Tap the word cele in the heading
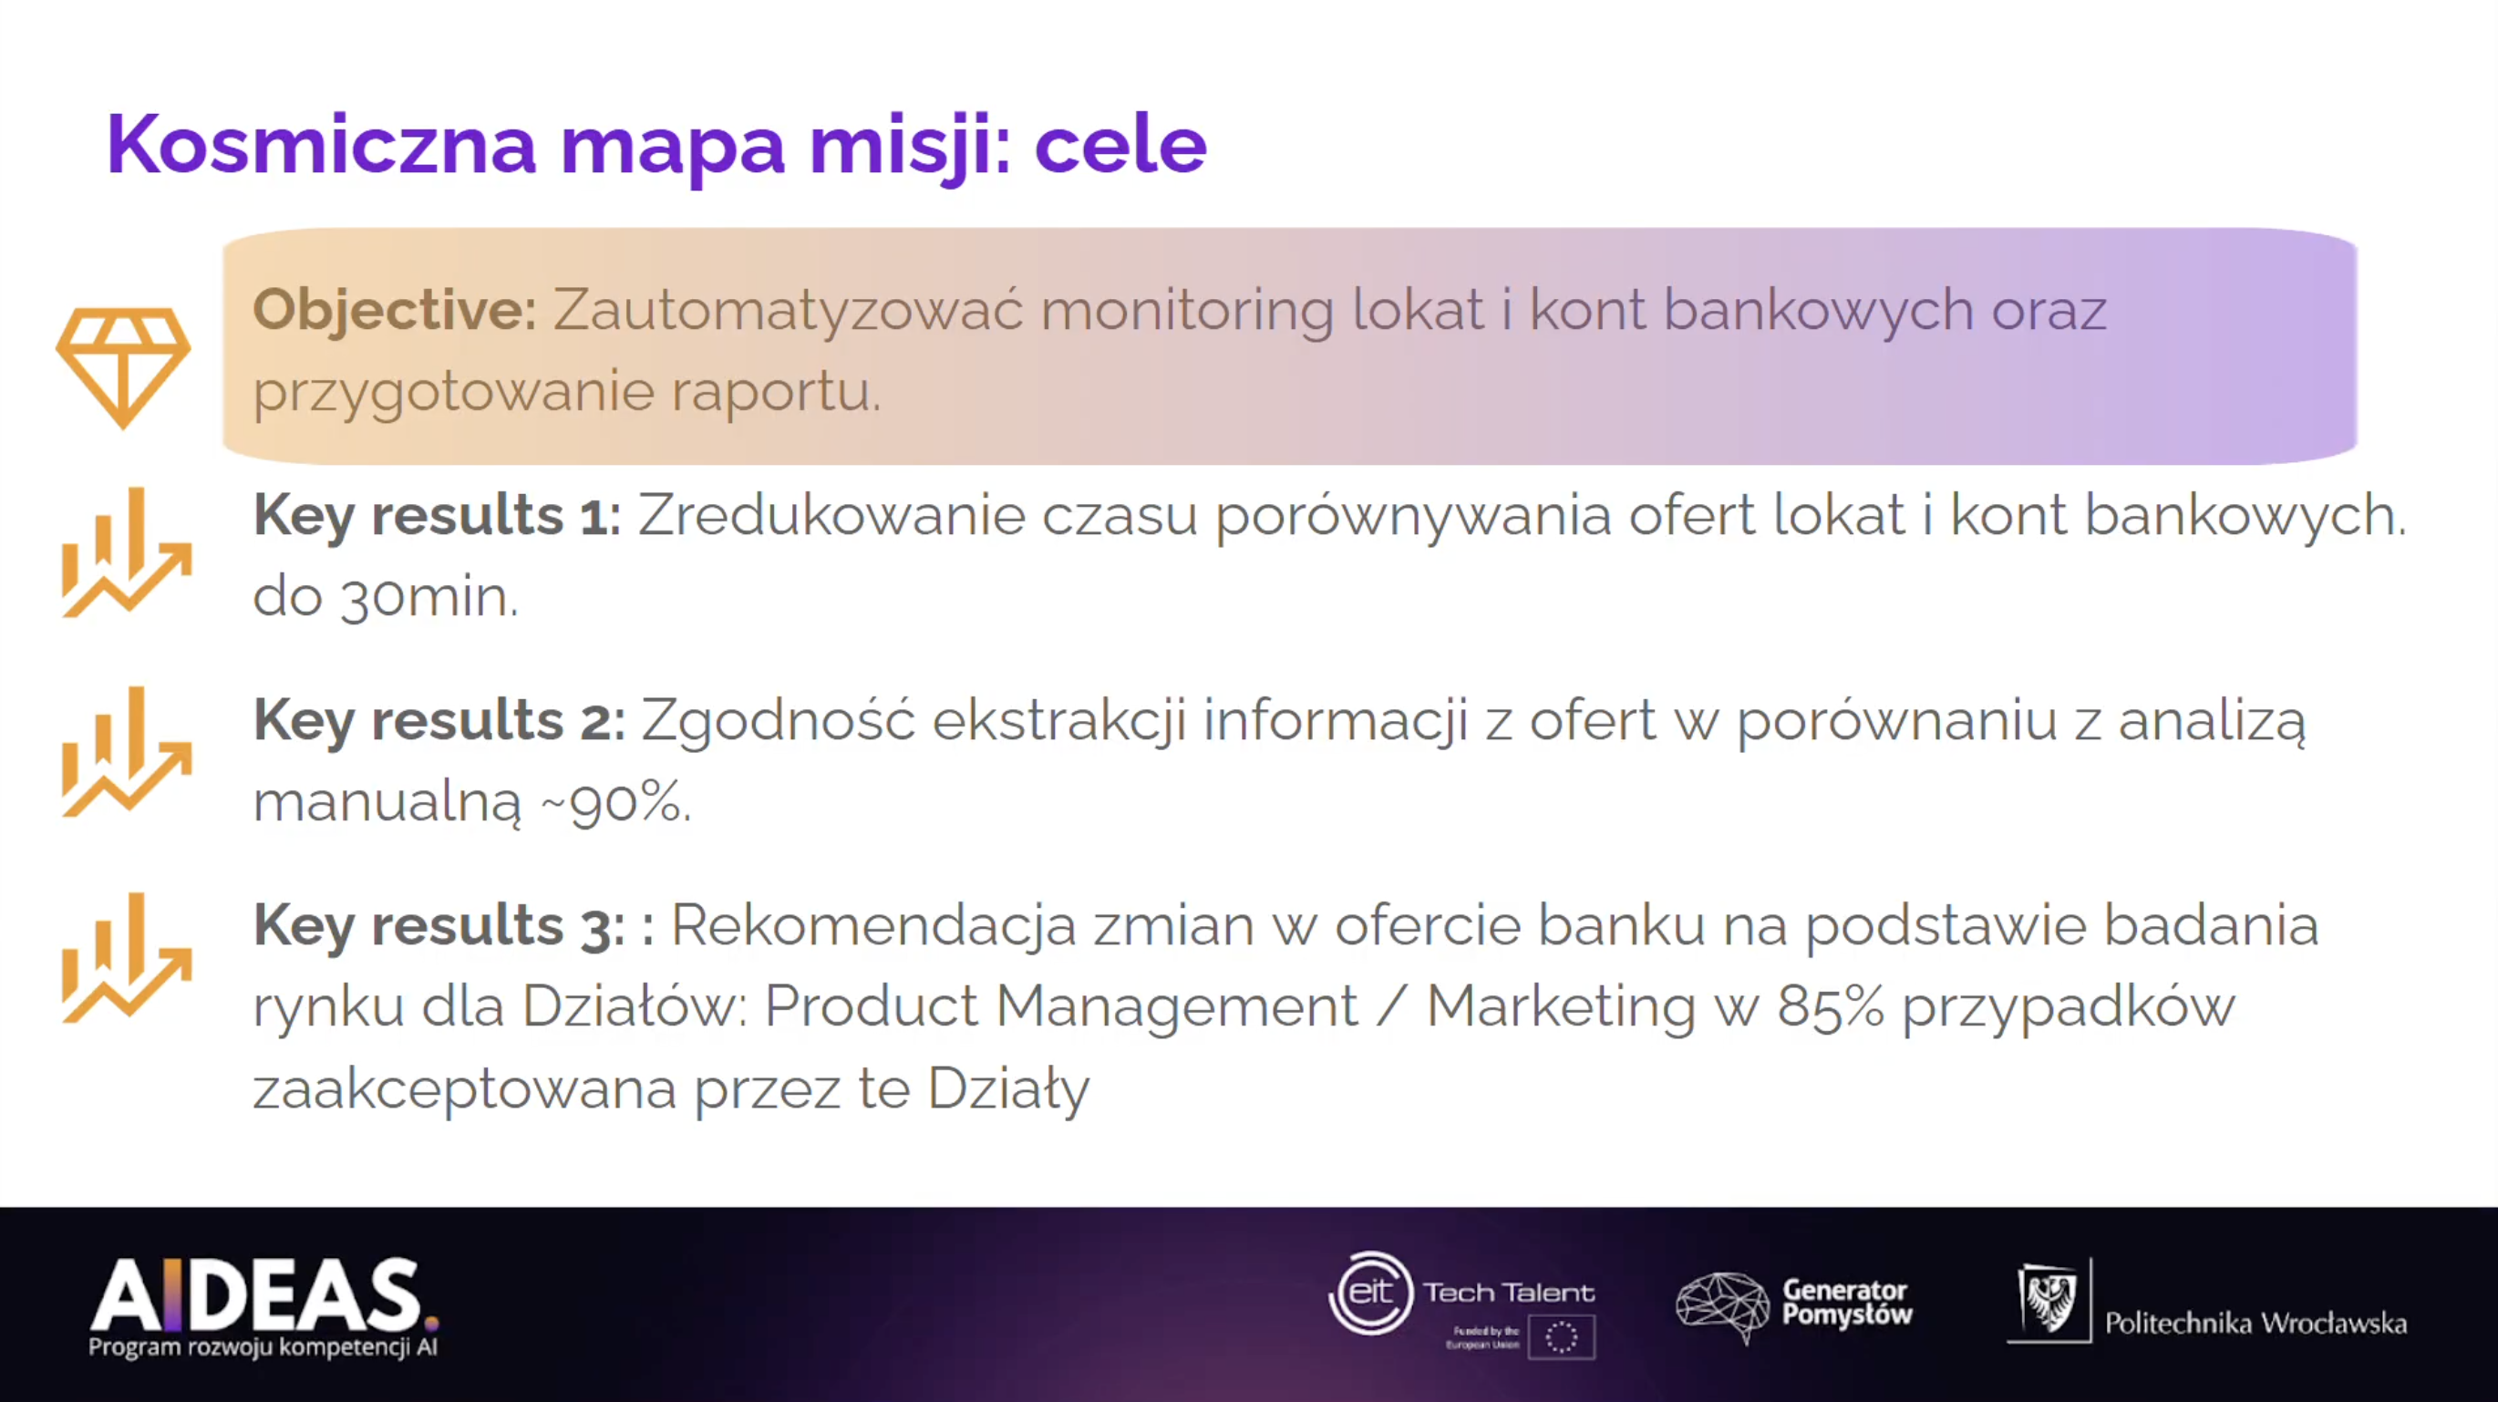(x=1120, y=146)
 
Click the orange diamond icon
(x=123, y=367)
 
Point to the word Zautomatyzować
(x=789, y=310)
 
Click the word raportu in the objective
(x=776, y=393)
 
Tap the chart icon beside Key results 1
(x=126, y=552)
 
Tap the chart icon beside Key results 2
(x=126, y=752)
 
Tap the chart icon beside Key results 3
(x=126, y=958)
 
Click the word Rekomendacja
(x=873, y=925)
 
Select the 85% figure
(x=1830, y=1007)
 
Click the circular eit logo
(x=1371, y=1294)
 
